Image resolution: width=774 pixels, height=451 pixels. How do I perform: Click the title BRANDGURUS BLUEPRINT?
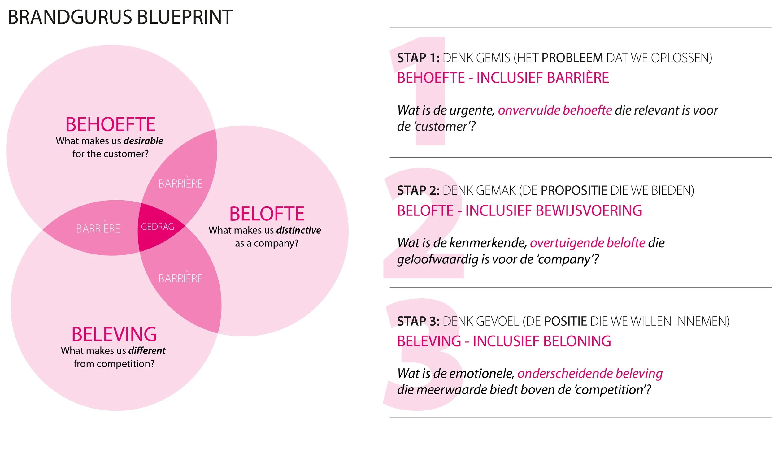[120, 17]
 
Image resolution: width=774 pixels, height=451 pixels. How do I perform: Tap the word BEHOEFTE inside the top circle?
[111, 124]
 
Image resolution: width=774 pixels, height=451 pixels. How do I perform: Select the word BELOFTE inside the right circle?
[267, 214]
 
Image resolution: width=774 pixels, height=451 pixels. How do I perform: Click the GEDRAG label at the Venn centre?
[157, 227]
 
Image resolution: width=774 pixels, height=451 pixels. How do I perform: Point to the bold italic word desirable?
[143, 141]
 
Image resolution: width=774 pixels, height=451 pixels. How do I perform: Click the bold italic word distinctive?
[298, 230]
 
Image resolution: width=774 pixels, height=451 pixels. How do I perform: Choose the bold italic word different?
[147, 350]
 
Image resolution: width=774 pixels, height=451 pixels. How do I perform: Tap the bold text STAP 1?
[418, 58]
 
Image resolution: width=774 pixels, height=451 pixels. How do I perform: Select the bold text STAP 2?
[418, 190]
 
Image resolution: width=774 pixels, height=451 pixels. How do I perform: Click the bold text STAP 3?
[418, 321]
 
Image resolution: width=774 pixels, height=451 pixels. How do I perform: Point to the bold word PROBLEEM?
[572, 58]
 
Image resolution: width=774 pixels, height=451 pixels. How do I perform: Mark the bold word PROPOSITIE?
[574, 190]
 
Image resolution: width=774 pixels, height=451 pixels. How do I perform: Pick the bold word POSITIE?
[565, 321]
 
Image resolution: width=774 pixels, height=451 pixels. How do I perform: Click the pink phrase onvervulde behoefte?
[555, 110]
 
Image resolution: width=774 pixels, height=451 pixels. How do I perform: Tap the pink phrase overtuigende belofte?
[587, 243]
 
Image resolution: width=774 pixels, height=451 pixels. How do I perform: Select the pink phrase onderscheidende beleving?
[590, 373]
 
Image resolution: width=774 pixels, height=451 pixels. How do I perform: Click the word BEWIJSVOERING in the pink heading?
[589, 210]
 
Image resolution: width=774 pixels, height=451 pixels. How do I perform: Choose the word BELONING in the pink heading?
[577, 341]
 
